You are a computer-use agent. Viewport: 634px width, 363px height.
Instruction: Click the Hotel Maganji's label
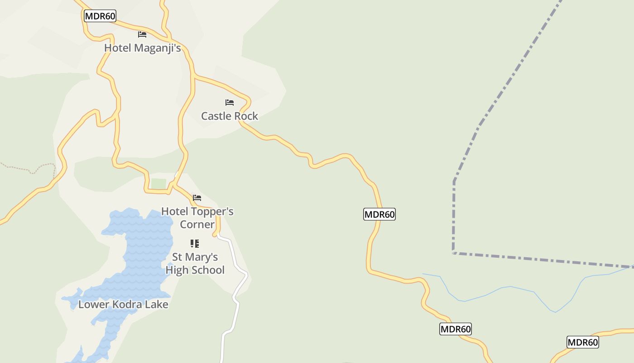pos(142,48)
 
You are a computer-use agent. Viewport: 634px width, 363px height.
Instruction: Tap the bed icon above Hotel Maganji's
pos(142,34)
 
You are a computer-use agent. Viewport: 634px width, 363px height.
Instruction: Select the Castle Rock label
pos(230,116)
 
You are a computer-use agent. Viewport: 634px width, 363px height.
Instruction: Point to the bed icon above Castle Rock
pos(230,103)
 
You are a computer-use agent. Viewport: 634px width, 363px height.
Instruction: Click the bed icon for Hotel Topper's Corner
pos(197,198)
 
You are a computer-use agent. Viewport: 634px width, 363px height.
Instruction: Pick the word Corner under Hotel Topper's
pos(197,225)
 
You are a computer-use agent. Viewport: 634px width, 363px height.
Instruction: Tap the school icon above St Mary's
pos(195,244)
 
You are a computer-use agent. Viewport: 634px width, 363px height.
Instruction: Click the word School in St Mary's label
pos(209,270)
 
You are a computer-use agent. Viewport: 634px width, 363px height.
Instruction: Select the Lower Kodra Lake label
pos(123,304)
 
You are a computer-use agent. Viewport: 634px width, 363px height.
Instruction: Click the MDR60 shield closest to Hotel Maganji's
pos(100,16)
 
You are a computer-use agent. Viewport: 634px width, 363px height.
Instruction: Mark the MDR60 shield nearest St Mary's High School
pos(379,214)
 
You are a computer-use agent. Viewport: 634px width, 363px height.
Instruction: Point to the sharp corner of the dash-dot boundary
pos(453,252)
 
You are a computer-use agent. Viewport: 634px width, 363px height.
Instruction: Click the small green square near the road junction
pos(158,183)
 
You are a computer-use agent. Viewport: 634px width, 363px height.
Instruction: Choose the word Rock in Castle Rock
pos(247,116)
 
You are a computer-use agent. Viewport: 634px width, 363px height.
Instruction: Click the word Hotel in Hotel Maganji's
pos(117,48)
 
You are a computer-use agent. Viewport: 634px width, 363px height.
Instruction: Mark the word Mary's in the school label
pos(202,257)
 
